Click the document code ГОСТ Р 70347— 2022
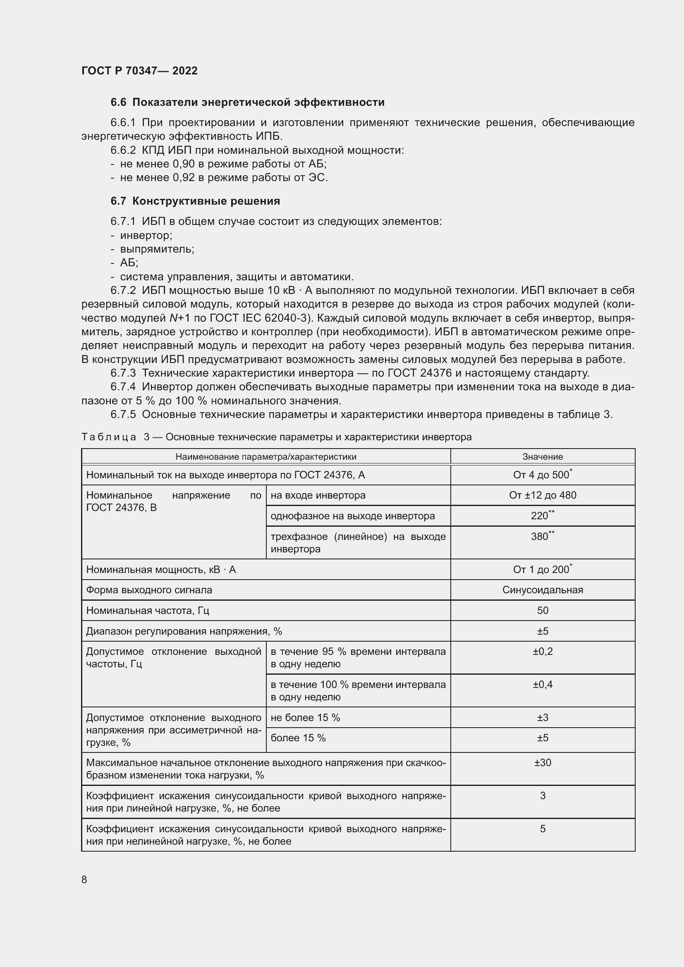[139, 71]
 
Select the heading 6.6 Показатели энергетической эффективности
[247, 103]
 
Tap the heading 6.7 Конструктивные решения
[196, 201]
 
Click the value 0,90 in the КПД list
[184, 164]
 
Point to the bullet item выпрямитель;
[157, 249]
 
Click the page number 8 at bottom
[84, 879]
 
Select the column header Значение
[543, 456]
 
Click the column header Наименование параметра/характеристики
[266, 456]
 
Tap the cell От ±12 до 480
[543, 495]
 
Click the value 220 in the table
[540, 516]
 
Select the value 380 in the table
[540, 537]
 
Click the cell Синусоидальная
[543, 590]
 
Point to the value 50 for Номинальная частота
[543, 610]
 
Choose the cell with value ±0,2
[543, 652]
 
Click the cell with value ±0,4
[543, 684]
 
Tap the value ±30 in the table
[543, 763]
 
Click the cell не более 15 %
[305, 718]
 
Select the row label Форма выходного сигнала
[149, 590]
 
